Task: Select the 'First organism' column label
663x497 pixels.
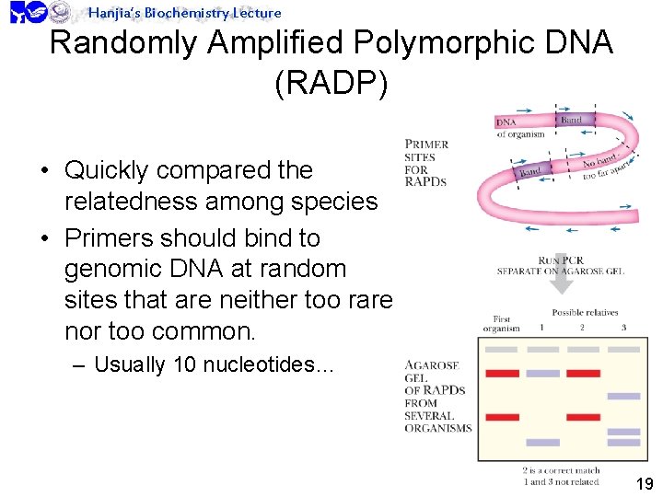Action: click(501, 324)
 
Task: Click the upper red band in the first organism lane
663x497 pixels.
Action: click(502, 373)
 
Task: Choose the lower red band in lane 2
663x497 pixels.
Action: click(584, 417)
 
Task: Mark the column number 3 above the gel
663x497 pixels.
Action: click(623, 328)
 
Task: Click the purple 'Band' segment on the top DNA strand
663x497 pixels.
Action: click(572, 121)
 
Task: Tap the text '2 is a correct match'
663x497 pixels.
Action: click(561, 470)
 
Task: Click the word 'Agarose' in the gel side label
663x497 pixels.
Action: click(429, 365)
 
